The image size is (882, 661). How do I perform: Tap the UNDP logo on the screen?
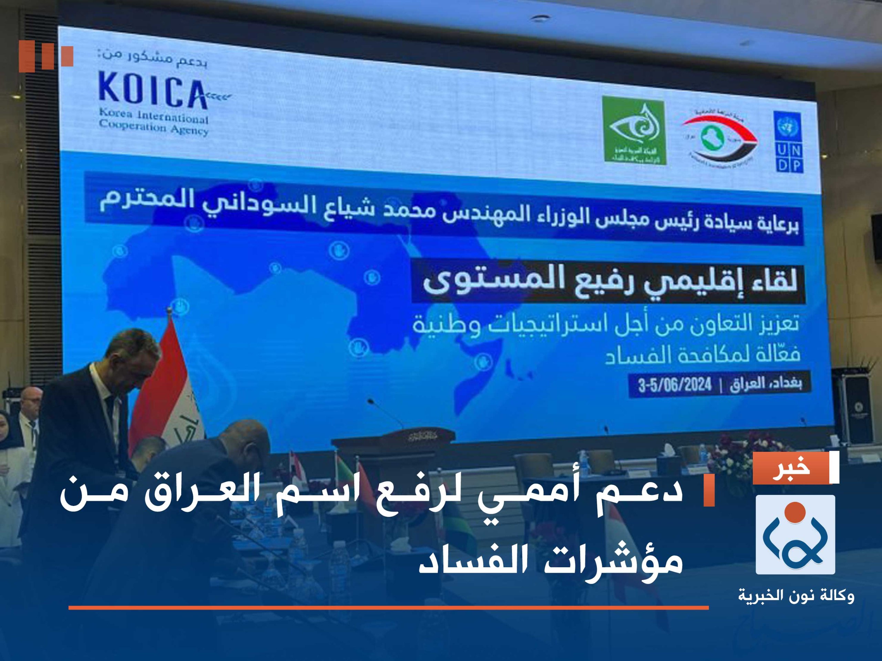(788, 142)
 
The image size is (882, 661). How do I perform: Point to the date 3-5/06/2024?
(675, 385)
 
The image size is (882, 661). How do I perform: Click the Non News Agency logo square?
(795, 535)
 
